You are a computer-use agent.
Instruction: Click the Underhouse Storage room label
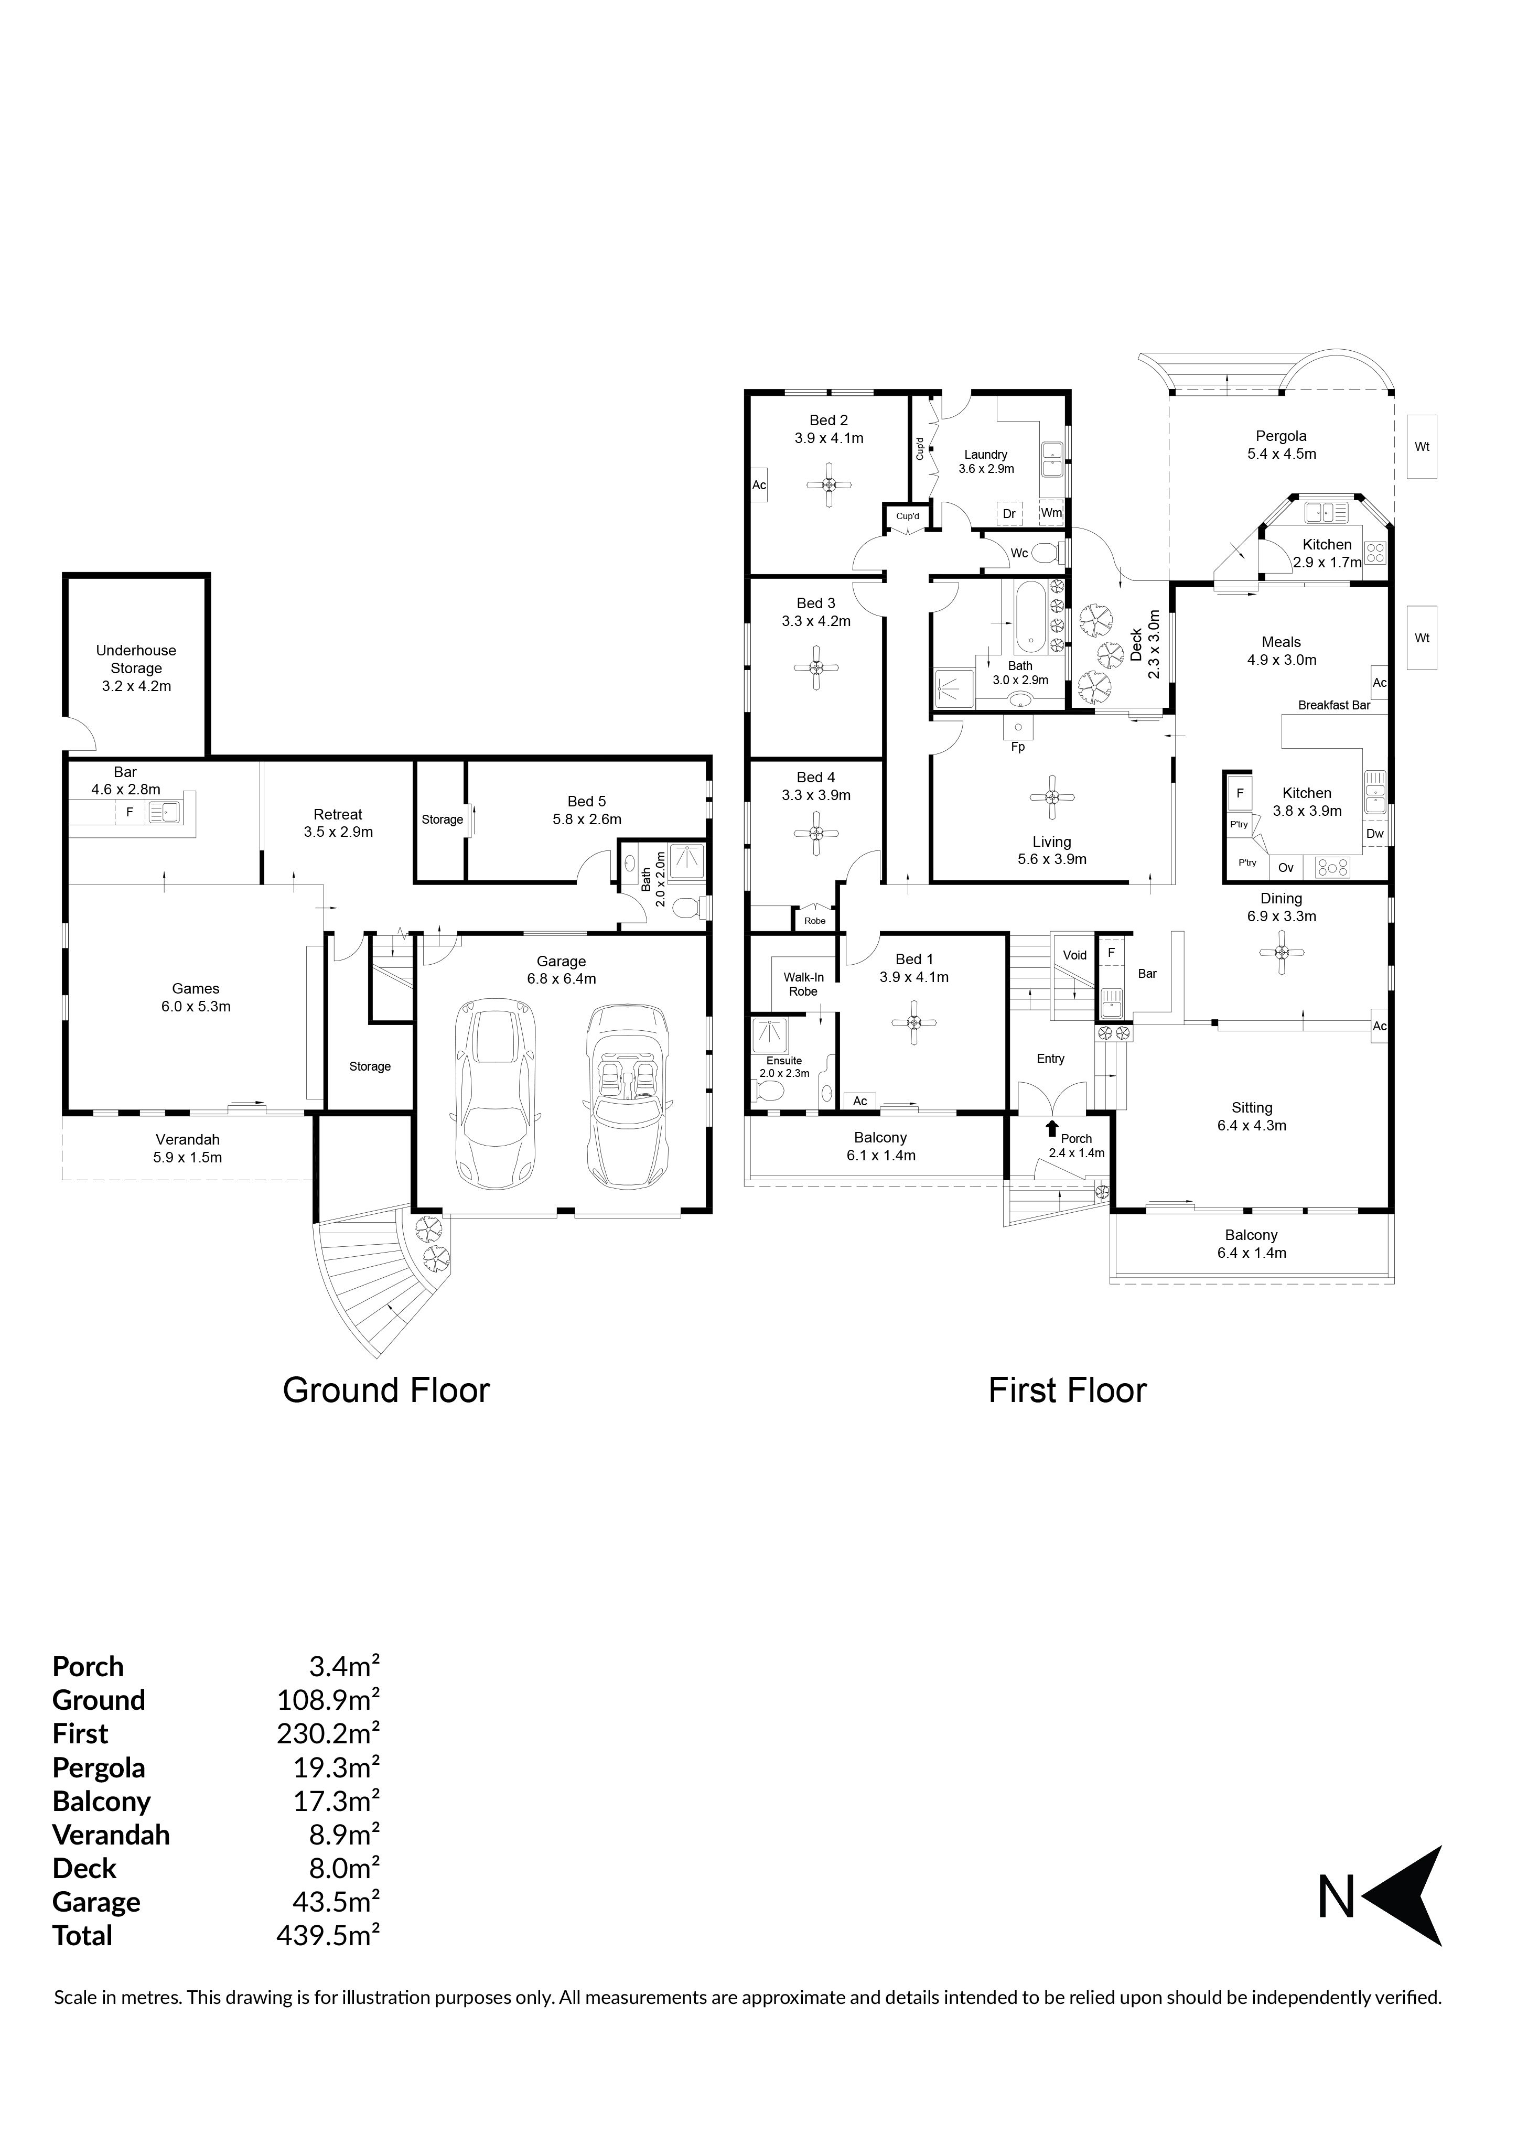[136, 668]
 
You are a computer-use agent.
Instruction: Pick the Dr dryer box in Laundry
[1009, 514]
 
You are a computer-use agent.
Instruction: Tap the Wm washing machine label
[1051, 513]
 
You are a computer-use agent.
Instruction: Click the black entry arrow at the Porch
[1052, 1129]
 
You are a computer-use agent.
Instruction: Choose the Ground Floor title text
[386, 1390]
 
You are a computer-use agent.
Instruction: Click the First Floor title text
[1068, 1390]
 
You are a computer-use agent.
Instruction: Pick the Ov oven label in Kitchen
[1286, 867]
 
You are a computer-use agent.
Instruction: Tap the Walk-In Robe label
[804, 984]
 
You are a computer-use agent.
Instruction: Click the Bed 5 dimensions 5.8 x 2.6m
[587, 819]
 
